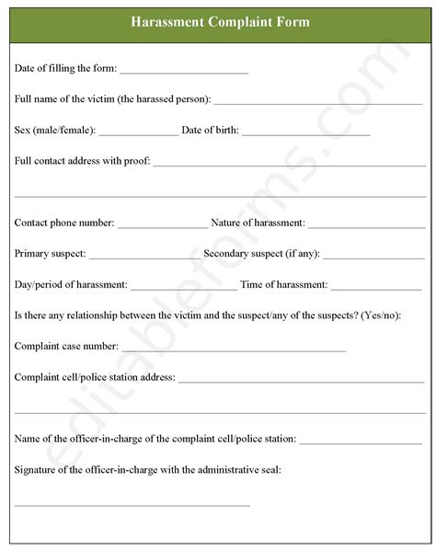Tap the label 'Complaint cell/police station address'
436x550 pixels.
coord(95,376)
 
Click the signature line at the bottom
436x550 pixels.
coord(132,505)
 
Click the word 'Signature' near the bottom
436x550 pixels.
coord(35,469)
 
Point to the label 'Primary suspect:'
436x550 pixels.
coord(51,253)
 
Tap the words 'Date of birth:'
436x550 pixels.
coord(211,131)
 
